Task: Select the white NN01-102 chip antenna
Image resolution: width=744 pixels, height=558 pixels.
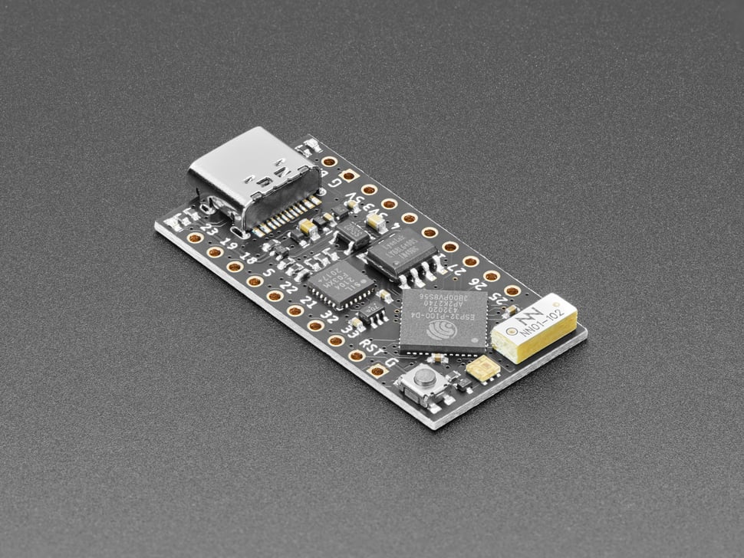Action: (535, 327)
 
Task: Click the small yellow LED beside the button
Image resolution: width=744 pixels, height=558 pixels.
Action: (482, 369)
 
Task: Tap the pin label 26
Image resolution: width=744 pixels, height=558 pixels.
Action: (476, 282)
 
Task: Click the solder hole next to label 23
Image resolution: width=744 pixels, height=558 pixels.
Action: (195, 238)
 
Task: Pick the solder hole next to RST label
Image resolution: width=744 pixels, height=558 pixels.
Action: (356, 356)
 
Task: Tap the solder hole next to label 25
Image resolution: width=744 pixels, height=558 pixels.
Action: (512, 290)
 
